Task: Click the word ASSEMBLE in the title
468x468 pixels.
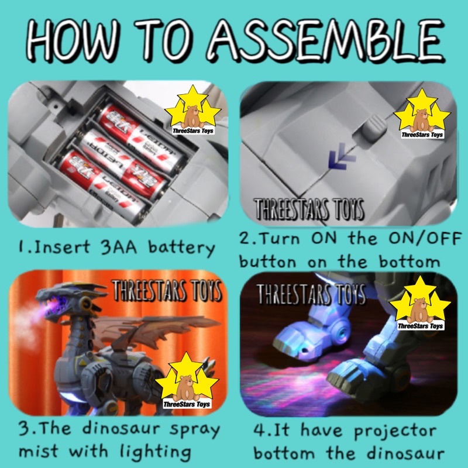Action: (x=326, y=40)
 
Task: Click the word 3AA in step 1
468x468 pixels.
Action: (x=119, y=247)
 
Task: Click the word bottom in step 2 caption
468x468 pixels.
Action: (x=409, y=261)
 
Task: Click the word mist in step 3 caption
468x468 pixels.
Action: (x=38, y=450)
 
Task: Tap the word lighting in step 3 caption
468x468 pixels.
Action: (x=156, y=452)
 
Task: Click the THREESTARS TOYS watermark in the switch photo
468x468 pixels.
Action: (x=309, y=209)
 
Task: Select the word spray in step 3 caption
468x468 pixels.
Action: (x=195, y=430)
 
